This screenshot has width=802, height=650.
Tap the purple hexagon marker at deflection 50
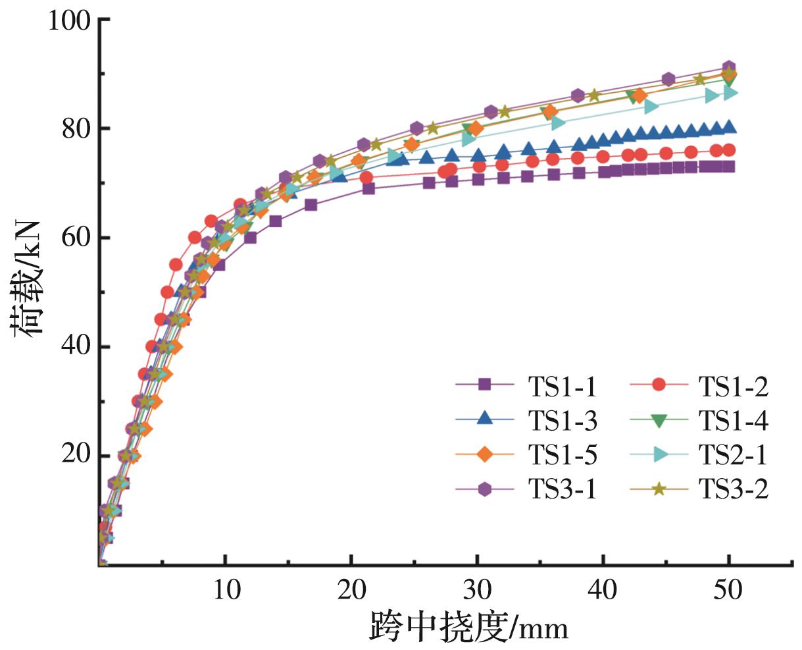pyautogui.click(x=729, y=67)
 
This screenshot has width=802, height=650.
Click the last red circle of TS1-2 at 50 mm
pyautogui.click(x=729, y=150)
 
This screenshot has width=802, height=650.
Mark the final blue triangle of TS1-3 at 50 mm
pyautogui.click(x=729, y=127)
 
